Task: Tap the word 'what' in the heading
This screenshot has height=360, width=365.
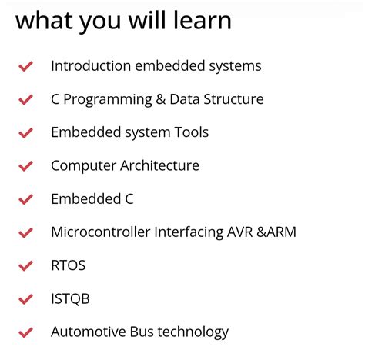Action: pyautogui.click(x=43, y=21)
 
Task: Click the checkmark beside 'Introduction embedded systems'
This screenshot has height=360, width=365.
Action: pyautogui.click(x=25, y=67)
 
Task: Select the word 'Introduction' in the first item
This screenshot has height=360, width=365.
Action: pyautogui.click(x=91, y=66)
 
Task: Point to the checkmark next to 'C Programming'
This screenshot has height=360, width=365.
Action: pyautogui.click(x=25, y=100)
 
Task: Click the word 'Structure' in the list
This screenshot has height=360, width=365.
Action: pyautogui.click(x=233, y=99)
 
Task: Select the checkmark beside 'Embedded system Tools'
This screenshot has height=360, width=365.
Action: pyautogui.click(x=25, y=133)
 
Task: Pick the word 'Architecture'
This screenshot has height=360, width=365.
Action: pyautogui.click(x=159, y=165)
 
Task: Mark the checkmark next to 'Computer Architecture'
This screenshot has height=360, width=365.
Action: pyautogui.click(x=25, y=166)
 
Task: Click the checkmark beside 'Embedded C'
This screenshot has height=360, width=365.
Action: pyautogui.click(x=25, y=199)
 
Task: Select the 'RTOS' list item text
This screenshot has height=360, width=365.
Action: pyautogui.click(x=68, y=265)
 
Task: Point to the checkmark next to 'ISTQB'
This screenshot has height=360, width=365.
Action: pyautogui.click(x=25, y=299)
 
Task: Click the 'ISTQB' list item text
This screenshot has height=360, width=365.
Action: pyautogui.click(x=70, y=298)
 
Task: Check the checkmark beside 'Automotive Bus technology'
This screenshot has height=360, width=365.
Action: pyautogui.click(x=25, y=333)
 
